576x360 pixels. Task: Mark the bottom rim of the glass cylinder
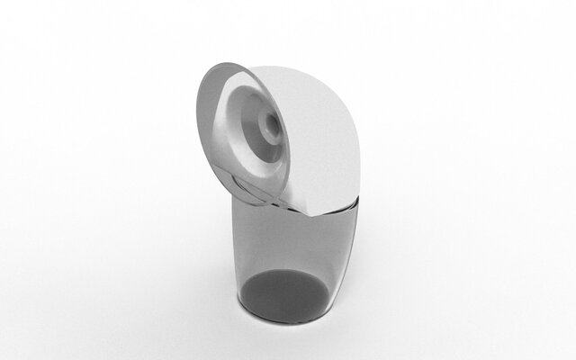(286, 320)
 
